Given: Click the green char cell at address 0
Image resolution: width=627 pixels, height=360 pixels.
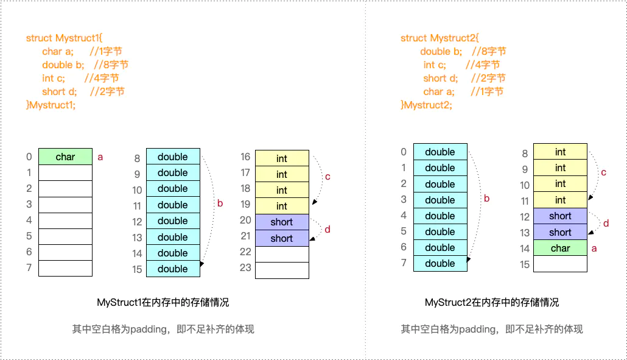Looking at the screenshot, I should (x=65, y=157).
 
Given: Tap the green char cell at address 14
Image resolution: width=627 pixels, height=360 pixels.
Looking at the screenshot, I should (x=560, y=248).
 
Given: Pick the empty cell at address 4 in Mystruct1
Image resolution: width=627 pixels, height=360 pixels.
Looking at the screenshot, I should (x=65, y=221).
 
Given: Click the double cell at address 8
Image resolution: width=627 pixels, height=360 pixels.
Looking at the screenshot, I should (x=173, y=157).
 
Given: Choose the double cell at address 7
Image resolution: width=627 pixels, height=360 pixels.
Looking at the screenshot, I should (x=440, y=263).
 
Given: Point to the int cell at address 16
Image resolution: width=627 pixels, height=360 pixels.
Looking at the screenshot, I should (x=282, y=158).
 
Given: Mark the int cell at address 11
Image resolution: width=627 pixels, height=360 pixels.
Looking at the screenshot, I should (x=560, y=200).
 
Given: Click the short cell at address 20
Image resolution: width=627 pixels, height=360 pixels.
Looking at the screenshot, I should (x=282, y=222).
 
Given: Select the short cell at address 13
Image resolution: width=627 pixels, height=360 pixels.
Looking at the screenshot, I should (x=560, y=232).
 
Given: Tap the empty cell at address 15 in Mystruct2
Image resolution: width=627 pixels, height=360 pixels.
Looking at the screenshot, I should (x=560, y=264).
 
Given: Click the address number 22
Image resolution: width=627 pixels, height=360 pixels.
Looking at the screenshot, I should (x=245, y=252).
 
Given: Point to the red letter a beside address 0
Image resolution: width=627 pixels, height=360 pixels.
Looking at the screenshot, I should (x=100, y=157).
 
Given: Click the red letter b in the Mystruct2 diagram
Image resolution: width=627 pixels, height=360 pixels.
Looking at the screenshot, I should (x=486, y=198).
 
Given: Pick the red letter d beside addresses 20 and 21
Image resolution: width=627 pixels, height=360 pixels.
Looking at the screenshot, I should (x=328, y=230).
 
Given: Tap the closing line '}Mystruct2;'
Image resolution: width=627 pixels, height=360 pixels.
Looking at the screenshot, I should (x=426, y=105).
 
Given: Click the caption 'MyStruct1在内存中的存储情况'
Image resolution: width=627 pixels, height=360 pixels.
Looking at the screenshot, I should (x=163, y=302).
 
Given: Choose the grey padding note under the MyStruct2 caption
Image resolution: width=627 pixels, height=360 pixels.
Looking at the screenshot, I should (x=492, y=329).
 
